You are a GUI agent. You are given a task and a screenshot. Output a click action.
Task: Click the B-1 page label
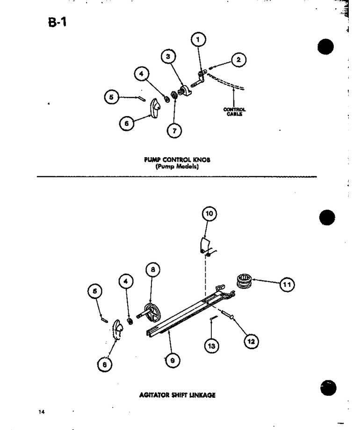57,22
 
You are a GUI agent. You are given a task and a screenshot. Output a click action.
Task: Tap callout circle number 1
198,40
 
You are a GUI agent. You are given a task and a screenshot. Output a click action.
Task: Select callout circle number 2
238,59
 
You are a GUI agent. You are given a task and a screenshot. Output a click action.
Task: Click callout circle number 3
168,57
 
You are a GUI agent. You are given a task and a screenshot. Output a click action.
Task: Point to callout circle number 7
174,131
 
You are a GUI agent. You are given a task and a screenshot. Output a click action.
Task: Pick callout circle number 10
209,214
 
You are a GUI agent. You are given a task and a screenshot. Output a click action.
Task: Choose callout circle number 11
287,284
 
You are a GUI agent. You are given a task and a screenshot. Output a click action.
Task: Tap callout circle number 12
251,342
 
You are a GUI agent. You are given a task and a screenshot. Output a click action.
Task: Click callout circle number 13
211,346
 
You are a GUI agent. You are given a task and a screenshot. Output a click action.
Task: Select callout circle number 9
173,360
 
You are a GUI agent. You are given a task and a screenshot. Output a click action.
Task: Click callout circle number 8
153,270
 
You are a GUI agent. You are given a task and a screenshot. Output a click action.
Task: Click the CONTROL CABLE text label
234,112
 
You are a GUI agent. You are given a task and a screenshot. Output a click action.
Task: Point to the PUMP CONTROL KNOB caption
177,160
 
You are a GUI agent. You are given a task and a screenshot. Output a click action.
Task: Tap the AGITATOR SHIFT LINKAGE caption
177,395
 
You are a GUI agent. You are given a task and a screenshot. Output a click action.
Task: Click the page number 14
41,412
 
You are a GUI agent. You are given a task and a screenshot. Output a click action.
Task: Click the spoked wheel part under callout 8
151,313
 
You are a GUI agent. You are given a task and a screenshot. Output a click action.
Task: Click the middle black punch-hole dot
327,218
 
